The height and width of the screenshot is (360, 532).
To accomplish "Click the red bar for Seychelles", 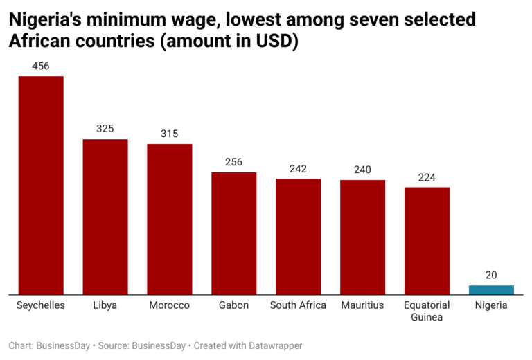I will [x=41, y=186].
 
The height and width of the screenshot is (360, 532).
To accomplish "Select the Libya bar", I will [x=105, y=217].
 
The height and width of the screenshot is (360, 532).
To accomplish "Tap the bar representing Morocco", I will [x=169, y=219].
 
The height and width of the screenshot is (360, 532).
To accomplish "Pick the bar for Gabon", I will [x=233, y=233].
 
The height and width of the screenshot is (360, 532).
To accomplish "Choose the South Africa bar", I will [x=298, y=237].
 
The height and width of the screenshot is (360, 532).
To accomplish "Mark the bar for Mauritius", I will [x=362, y=237].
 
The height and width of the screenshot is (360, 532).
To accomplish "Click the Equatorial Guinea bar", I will [x=427, y=241].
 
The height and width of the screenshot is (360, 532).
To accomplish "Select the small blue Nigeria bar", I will [x=491, y=290].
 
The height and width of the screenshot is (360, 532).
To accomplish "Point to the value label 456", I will [x=41, y=66].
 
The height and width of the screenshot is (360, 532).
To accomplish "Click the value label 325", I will [x=105, y=129].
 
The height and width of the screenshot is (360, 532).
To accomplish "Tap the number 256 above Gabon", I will [x=233, y=162].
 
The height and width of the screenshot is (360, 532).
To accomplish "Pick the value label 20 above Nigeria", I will [x=491, y=275].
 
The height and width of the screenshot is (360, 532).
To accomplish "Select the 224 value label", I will [x=427, y=177].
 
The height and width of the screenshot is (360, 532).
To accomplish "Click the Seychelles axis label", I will [x=41, y=305].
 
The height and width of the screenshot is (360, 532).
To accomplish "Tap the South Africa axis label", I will [x=298, y=305].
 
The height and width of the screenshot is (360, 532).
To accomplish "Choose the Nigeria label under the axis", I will [x=491, y=305].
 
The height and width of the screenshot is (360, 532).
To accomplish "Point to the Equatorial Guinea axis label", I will [x=427, y=311].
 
